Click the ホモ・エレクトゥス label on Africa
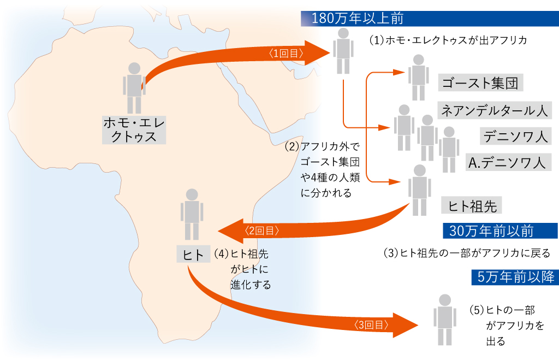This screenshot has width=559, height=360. [x=134, y=129]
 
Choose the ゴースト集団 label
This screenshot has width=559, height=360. [x=480, y=83]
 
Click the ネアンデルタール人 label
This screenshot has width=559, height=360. [x=495, y=110]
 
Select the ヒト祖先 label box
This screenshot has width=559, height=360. [x=471, y=205]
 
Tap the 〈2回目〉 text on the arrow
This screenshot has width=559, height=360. [x=263, y=231]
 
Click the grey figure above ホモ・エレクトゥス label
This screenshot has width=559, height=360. [x=134, y=87]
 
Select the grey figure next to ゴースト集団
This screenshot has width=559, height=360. [x=418, y=76]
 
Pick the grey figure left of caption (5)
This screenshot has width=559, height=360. [x=445, y=319]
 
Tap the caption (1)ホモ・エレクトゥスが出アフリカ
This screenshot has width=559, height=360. [x=450, y=40]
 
